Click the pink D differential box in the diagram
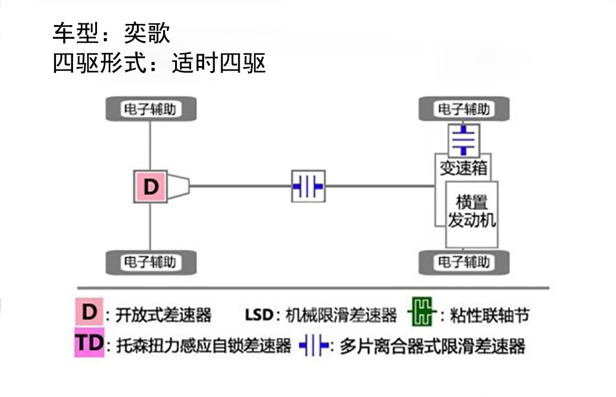(150, 187)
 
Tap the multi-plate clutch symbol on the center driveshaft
(308, 186)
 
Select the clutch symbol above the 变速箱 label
(464, 140)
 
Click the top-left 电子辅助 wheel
(151, 109)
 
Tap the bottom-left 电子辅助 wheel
(151, 262)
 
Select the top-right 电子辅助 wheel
(464, 109)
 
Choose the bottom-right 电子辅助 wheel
(464, 262)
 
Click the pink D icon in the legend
(89, 313)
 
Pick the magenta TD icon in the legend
(89, 343)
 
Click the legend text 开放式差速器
(163, 314)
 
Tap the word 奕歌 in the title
(147, 33)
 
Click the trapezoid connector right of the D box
(179, 186)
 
